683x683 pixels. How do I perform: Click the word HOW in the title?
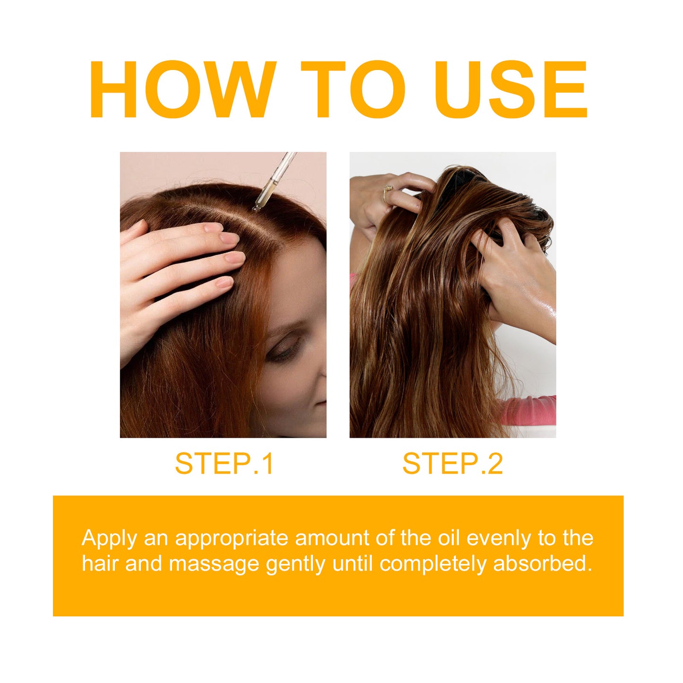[182, 90]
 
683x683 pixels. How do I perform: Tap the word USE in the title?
[510, 90]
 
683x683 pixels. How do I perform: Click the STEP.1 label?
[224, 464]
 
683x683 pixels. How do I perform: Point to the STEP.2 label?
[452, 464]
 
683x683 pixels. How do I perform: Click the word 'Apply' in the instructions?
[110, 539]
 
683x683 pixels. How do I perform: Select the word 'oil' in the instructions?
[449, 538]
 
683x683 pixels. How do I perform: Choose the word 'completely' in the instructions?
[433, 564]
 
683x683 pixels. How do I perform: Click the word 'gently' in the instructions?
[296, 564]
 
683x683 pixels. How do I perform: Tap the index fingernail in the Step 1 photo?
[230, 238]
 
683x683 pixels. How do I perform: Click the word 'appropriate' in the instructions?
[232, 539]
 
